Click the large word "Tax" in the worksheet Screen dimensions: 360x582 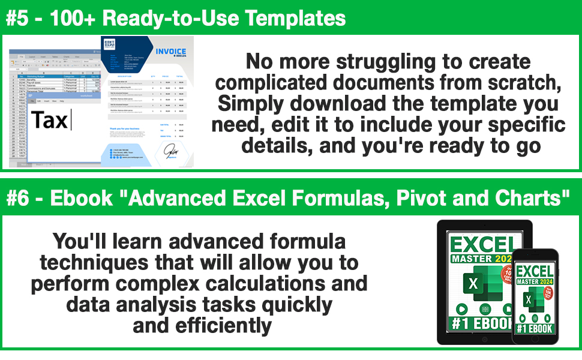click(50, 120)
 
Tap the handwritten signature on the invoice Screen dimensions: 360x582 click(172, 149)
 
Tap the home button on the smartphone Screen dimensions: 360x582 click(535, 349)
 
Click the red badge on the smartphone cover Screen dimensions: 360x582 click(550, 296)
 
